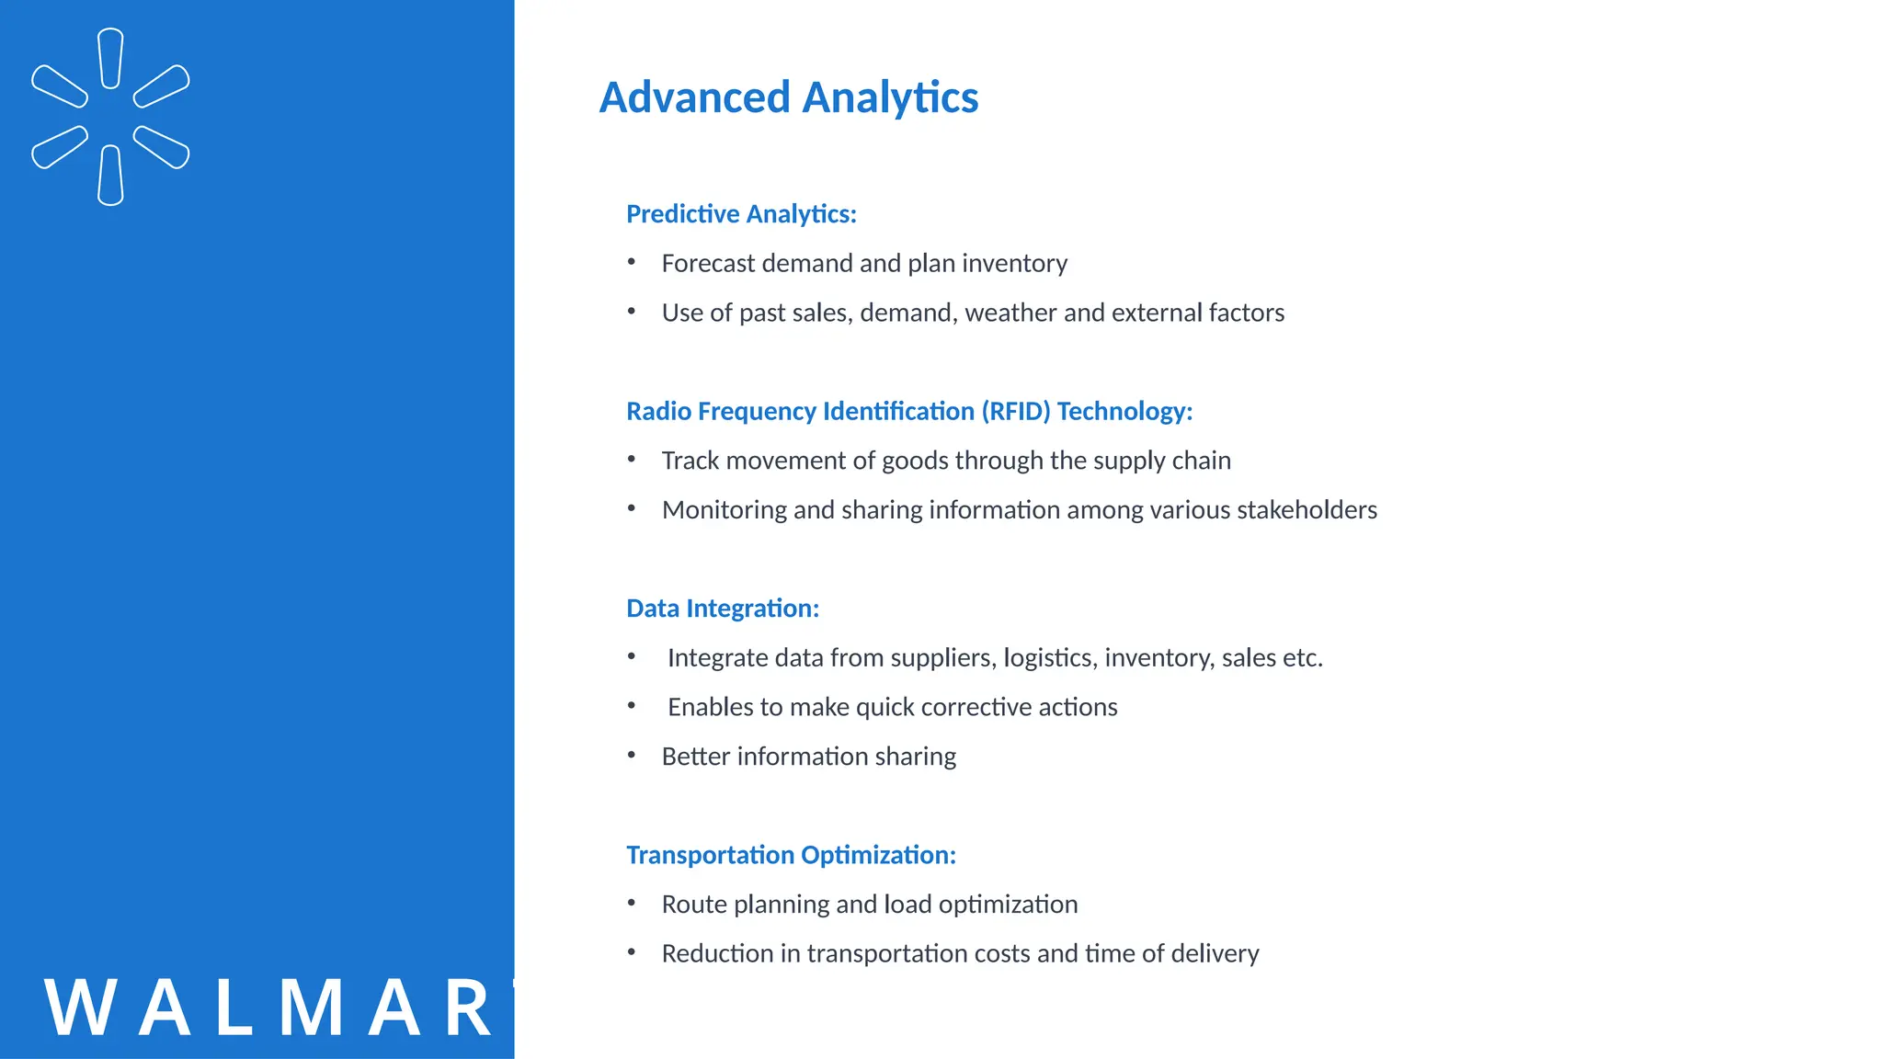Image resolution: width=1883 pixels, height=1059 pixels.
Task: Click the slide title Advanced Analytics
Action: (788, 97)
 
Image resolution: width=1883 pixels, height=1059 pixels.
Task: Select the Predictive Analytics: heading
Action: (741, 214)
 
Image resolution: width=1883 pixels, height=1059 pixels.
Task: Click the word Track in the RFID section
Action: (690, 461)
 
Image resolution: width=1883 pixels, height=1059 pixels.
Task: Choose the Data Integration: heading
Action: (722, 609)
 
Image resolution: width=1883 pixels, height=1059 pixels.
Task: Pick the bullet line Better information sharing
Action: (808, 757)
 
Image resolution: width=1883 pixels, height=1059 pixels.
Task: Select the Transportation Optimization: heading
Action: (791, 855)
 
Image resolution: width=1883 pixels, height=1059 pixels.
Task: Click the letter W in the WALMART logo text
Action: (80, 1008)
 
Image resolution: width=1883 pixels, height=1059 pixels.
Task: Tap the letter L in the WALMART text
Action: (235, 1008)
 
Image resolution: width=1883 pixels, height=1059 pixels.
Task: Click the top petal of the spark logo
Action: (110, 58)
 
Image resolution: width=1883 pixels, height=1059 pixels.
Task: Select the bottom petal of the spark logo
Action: (110, 176)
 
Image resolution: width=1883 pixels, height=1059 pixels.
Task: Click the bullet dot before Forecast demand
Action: (632, 262)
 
